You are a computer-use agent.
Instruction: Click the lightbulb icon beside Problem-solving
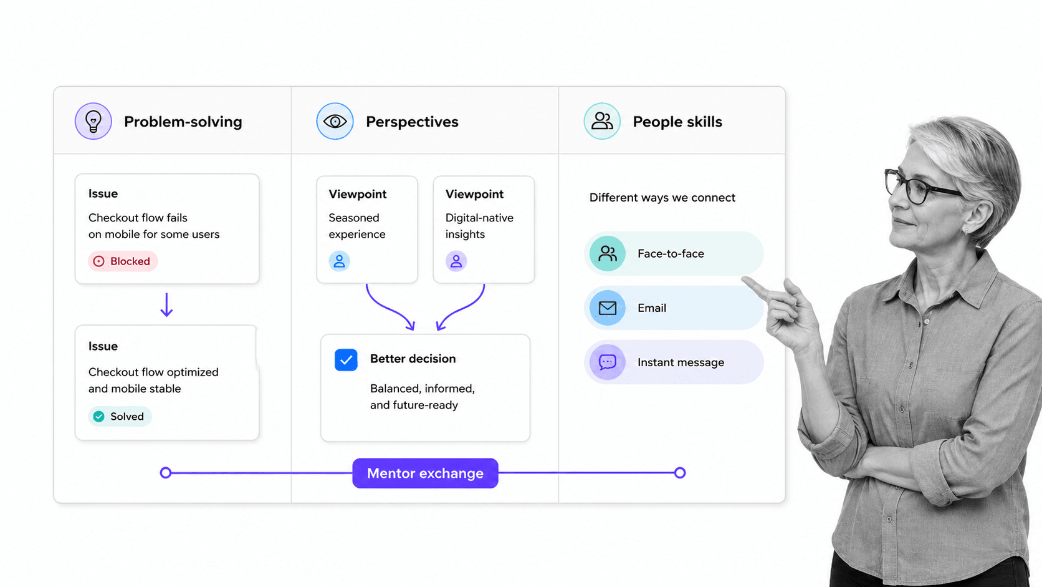[x=93, y=121]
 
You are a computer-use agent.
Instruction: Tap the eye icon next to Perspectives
[x=335, y=121]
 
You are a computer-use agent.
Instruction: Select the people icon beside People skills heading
[x=602, y=121]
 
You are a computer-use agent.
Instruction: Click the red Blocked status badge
[x=123, y=261]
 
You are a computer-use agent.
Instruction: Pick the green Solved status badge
[x=120, y=416]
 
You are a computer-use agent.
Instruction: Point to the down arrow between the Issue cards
[x=166, y=305]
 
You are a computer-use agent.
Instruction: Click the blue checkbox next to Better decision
[x=346, y=360]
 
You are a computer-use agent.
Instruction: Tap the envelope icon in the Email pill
[x=608, y=308]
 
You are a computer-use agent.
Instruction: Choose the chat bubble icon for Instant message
[x=608, y=362]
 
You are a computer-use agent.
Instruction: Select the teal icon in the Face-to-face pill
[x=608, y=254]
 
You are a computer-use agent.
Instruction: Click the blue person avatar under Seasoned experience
[x=340, y=261]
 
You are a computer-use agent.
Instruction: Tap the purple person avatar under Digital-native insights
[x=456, y=261]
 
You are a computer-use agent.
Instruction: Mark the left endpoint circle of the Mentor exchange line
[x=166, y=473]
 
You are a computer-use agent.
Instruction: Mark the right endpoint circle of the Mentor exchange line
[x=680, y=473]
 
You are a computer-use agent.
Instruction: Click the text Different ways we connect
[x=662, y=197]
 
